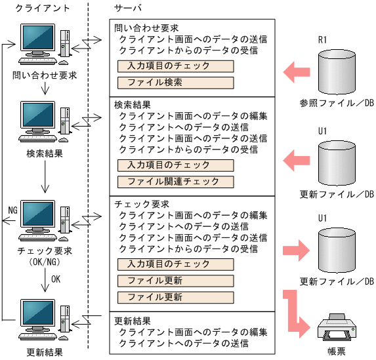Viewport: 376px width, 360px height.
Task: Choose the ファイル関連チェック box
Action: coord(175,182)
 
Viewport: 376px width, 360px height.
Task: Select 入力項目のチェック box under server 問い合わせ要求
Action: coord(175,66)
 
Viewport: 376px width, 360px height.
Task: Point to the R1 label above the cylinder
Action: coord(323,40)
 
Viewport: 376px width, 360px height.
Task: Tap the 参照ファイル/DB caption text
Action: coord(336,103)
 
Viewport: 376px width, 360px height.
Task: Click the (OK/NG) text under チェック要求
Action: coord(45,262)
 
